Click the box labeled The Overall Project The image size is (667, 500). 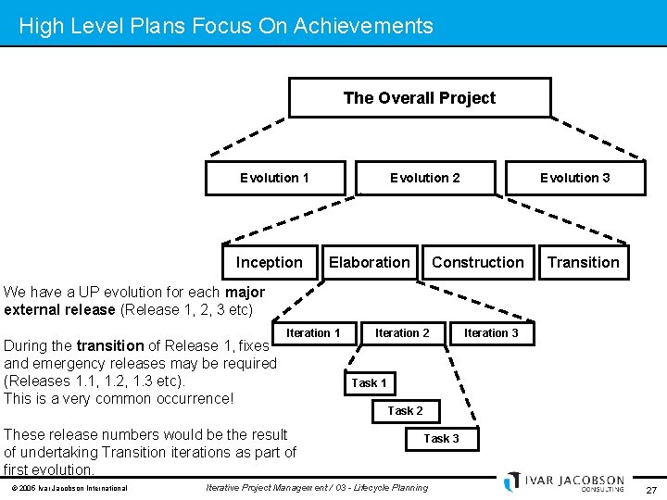click(420, 98)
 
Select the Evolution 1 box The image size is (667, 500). click(275, 178)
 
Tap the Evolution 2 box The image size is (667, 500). click(424, 178)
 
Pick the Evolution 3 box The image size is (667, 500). click(574, 178)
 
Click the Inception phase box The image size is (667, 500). click(269, 262)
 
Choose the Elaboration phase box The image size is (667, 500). click(369, 262)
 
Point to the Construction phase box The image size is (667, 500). click(477, 262)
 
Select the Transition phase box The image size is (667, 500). click(583, 262)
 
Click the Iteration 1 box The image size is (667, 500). click(313, 333)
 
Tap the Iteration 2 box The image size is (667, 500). click(402, 333)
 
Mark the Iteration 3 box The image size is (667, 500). click(491, 333)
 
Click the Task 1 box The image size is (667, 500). click(369, 382)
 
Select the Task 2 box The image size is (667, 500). click(405, 410)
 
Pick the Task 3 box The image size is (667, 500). click(441, 438)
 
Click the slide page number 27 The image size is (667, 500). click(651, 490)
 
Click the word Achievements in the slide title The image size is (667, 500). click(363, 26)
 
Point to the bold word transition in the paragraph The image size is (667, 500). click(110, 345)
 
